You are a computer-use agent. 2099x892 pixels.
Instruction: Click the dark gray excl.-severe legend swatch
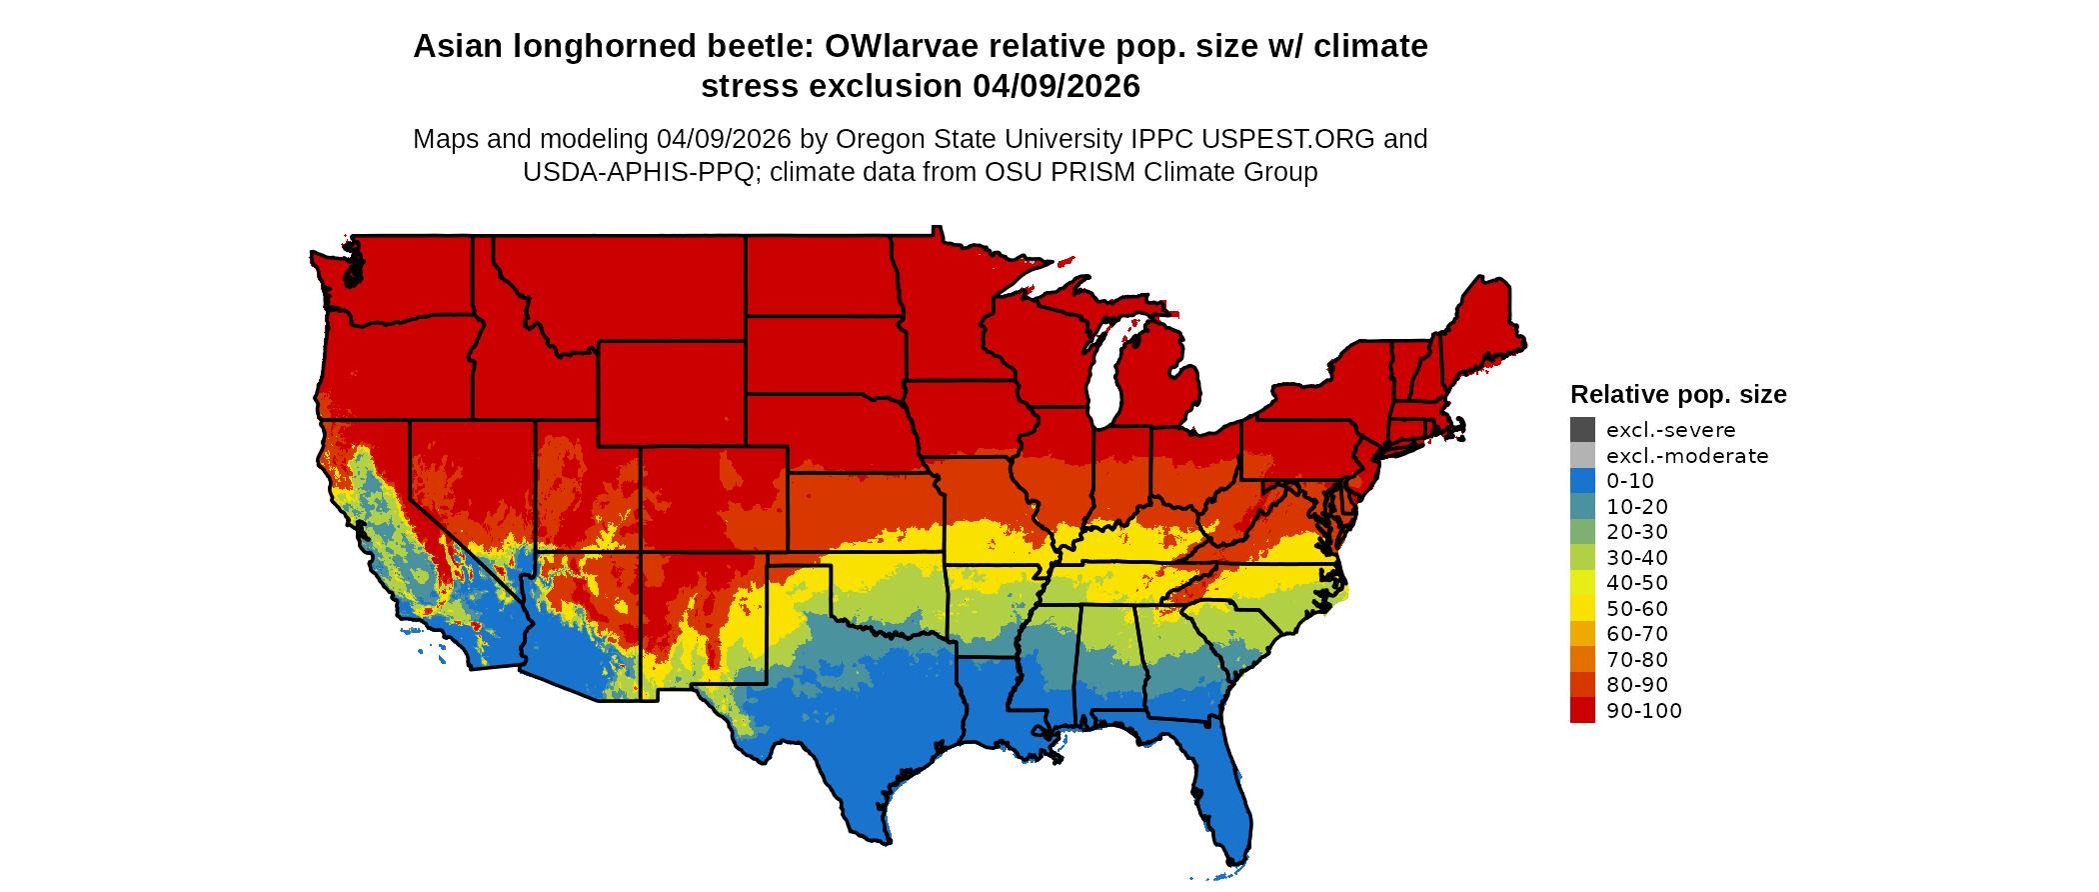[1582, 430]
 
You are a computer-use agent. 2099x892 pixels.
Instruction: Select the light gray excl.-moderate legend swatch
[1582, 456]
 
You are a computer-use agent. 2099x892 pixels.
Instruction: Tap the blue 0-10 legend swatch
[1582, 481]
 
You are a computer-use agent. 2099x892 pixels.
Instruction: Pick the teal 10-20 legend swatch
[1582, 507]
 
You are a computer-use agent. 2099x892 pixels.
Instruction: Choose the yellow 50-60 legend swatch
[1582, 609]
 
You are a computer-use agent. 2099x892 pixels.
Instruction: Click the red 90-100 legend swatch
[1582, 711]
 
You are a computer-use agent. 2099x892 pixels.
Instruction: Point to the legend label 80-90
[1637, 685]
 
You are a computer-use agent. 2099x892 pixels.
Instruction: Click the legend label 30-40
[1637, 558]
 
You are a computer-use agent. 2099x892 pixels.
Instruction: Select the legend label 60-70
[1637, 634]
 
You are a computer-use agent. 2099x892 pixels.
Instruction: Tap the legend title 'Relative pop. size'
[1678, 394]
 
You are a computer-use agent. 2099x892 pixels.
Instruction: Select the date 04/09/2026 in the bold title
[1055, 86]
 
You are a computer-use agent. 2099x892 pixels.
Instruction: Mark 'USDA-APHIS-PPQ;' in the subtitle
[642, 172]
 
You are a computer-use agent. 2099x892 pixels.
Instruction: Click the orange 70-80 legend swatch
[1582, 660]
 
